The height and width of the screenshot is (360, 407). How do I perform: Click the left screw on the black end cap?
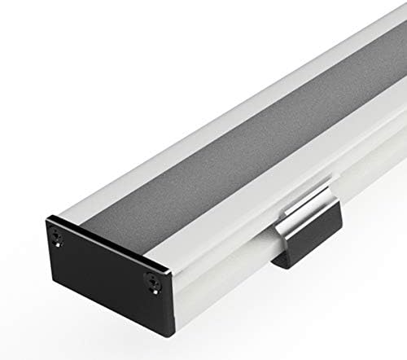point(58,238)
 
